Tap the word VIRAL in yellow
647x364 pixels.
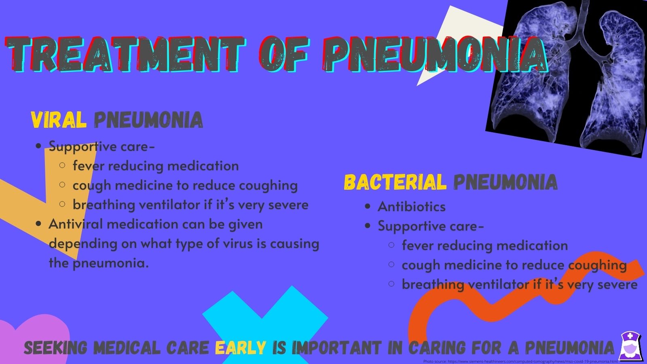click(x=59, y=120)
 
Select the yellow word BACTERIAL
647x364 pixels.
click(x=395, y=182)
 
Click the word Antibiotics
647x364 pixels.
click(x=411, y=207)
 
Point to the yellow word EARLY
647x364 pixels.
click(x=240, y=347)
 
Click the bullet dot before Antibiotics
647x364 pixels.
click(x=368, y=207)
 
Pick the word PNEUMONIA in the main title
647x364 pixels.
click(x=435, y=55)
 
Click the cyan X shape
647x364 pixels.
click(x=265, y=320)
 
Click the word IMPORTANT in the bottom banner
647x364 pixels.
click(x=336, y=347)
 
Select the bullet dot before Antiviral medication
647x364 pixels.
click(x=38, y=224)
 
